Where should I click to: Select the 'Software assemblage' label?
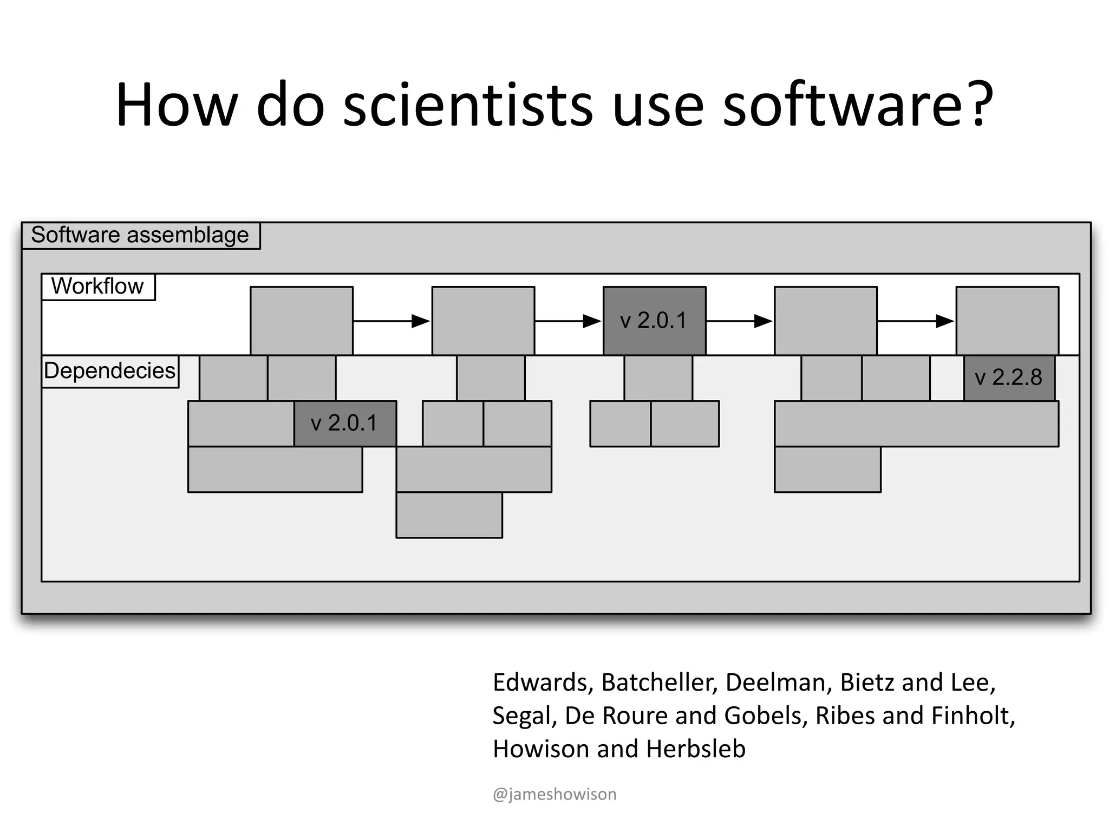[140, 236]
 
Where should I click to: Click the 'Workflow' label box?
[98, 287]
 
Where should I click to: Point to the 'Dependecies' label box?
[110, 371]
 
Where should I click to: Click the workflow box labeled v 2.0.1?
[654, 321]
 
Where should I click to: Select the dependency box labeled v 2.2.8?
[1009, 378]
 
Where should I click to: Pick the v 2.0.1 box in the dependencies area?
[345, 423]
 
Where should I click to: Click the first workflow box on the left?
[302, 321]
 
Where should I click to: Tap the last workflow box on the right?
[1007, 321]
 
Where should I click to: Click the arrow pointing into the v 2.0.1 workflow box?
[569, 321]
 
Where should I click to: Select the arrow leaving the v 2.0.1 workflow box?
[740, 321]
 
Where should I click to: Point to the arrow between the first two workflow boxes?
[392, 321]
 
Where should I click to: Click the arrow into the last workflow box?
[916, 321]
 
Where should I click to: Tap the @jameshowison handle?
[554, 795]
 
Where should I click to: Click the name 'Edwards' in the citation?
[539, 682]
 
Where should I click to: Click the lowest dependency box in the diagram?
[449, 515]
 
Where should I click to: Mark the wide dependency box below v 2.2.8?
[916, 424]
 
